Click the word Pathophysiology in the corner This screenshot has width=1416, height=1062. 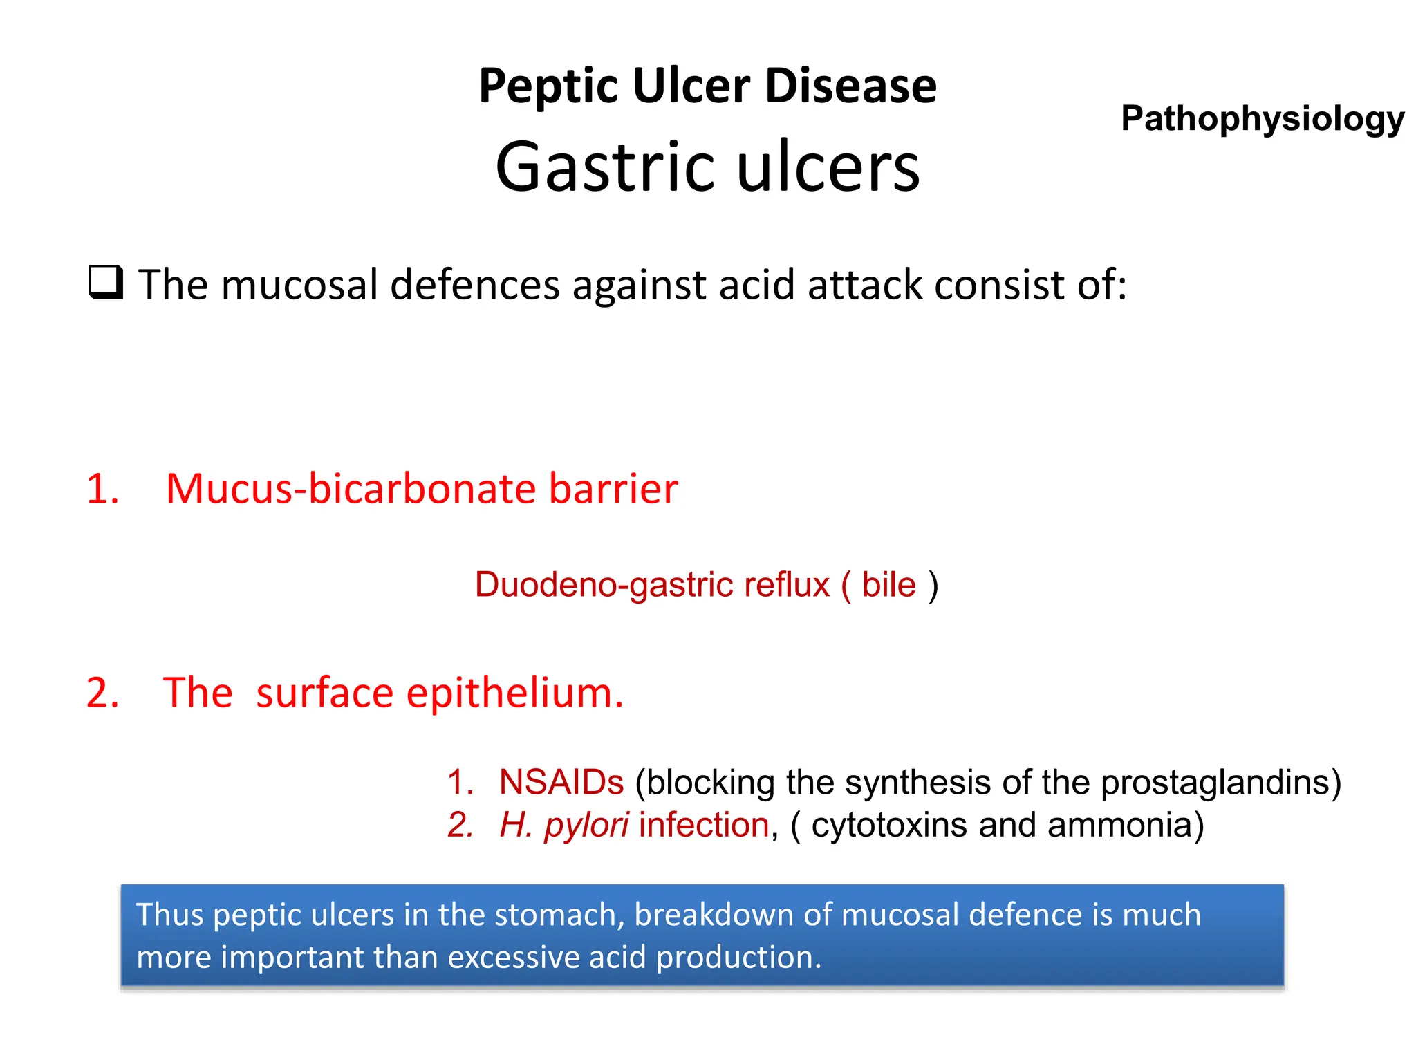pos(1262,119)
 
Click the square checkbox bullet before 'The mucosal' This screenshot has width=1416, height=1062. pos(106,282)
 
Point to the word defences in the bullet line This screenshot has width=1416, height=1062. pos(474,285)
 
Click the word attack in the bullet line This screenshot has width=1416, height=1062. pos(864,285)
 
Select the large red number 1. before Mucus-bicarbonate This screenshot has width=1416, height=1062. pos(102,490)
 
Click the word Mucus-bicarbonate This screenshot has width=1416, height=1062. pos(351,490)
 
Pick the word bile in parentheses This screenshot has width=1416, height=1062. pos(888,585)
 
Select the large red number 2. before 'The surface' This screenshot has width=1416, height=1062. pos(102,693)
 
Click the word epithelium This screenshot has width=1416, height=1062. pos(514,694)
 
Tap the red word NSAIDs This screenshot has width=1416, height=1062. pos(561,783)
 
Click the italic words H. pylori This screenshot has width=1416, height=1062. pos(563,826)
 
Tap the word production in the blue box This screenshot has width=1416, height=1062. pos(738,958)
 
